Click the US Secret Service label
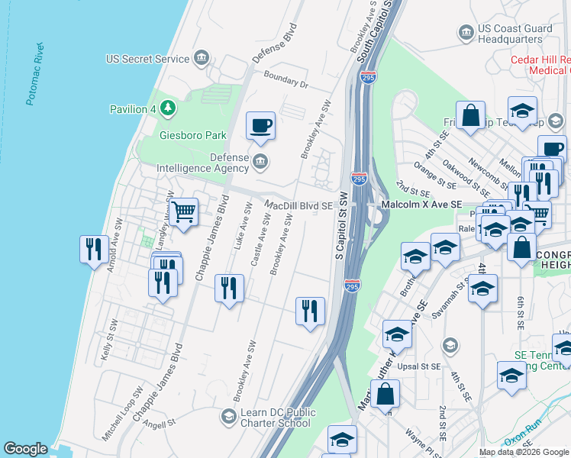(x=147, y=58)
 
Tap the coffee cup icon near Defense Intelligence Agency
(x=260, y=126)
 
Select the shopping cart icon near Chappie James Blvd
(x=184, y=211)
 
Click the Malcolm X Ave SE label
(x=422, y=205)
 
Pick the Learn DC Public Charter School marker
(x=228, y=416)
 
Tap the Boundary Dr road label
(x=286, y=79)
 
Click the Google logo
(x=25, y=449)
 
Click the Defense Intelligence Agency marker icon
(x=260, y=160)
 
